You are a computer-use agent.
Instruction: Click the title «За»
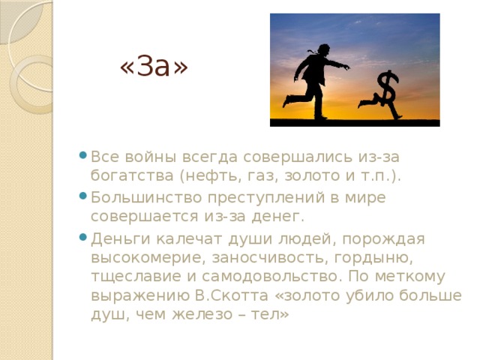click(154, 67)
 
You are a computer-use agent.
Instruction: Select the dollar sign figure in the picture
click(385, 94)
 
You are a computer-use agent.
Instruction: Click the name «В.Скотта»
click(240, 295)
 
